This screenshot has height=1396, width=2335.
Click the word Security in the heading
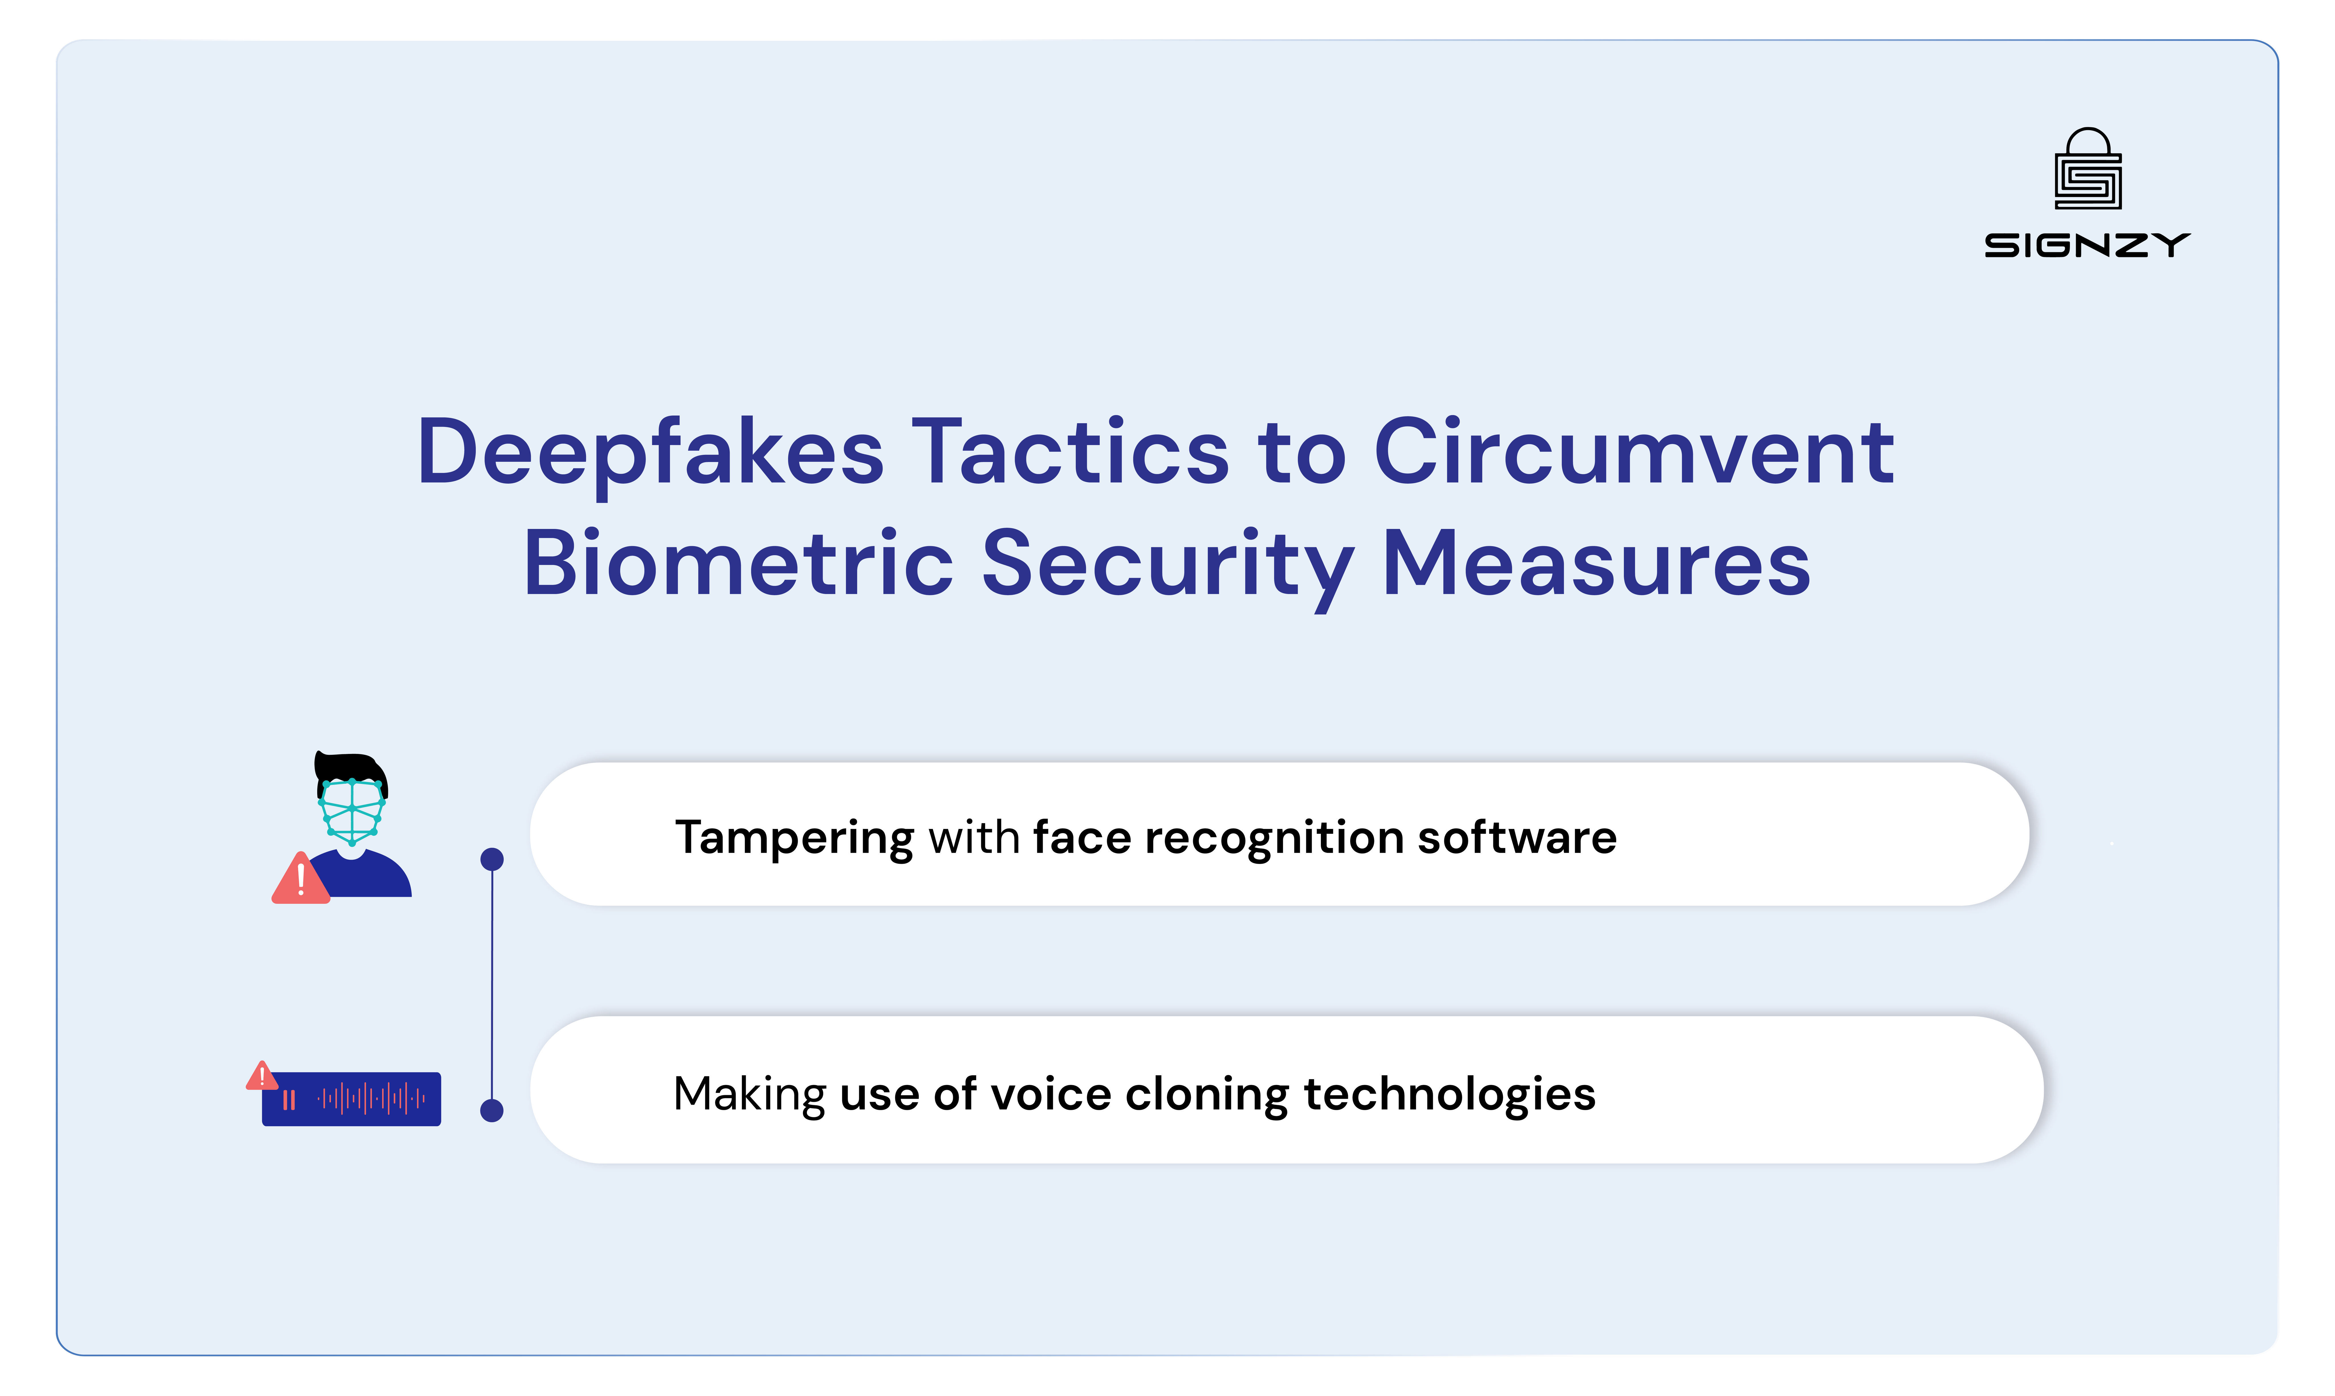[x=1167, y=565]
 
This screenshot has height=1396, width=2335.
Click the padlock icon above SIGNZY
[x=2088, y=169]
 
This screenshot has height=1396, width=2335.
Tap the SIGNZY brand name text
[x=2088, y=246]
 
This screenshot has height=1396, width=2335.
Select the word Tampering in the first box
[x=793, y=837]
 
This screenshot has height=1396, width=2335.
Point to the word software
[x=1517, y=837]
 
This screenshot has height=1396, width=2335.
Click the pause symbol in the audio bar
[x=289, y=1100]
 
